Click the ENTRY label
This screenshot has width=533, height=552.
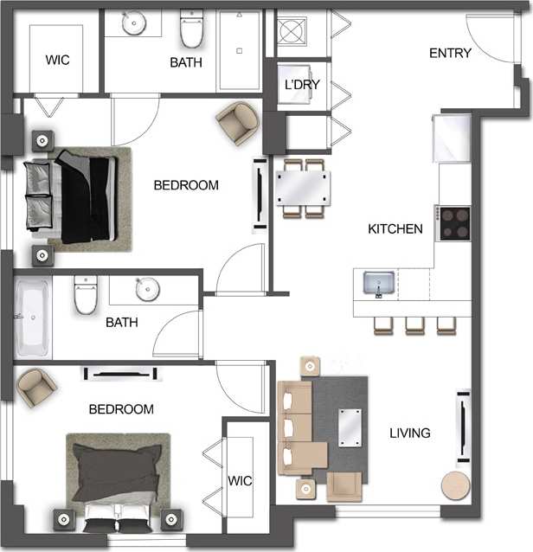tap(450, 54)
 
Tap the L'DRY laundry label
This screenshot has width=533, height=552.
tap(303, 86)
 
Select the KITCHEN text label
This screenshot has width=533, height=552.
tap(395, 229)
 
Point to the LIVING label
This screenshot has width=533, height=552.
tap(409, 433)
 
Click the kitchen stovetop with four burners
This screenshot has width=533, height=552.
tap(453, 223)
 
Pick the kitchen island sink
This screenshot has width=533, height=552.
tap(379, 283)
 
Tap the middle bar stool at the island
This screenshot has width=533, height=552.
tap(414, 324)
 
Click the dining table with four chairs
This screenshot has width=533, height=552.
tap(302, 187)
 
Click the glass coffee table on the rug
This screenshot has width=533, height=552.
tap(350, 425)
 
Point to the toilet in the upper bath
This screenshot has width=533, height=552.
tap(191, 30)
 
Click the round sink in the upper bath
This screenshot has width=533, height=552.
tap(134, 23)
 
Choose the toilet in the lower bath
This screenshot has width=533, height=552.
tap(86, 295)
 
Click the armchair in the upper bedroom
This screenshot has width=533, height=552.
tap(237, 122)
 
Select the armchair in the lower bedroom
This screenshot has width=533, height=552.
tap(36, 386)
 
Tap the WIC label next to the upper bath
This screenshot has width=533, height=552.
tap(57, 61)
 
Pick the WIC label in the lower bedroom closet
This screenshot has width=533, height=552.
tap(240, 479)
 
